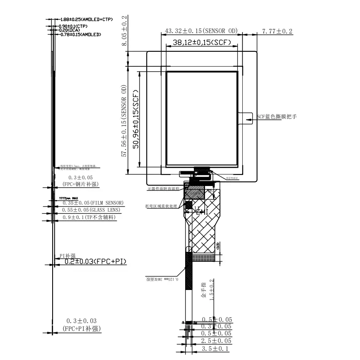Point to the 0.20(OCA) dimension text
(69, 30)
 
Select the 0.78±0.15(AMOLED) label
(80, 35)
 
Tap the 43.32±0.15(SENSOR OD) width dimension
(201, 31)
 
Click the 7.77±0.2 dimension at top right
(277, 31)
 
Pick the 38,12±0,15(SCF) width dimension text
(202, 42)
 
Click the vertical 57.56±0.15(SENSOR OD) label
(123, 121)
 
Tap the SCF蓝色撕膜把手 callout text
(277, 117)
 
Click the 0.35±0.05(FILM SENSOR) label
(93, 203)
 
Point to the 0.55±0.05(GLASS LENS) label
(91, 210)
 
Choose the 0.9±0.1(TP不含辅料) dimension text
(89, 217)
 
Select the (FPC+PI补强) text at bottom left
(82, 329)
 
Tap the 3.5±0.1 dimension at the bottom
(215, 349)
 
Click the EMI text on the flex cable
(201, 212)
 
